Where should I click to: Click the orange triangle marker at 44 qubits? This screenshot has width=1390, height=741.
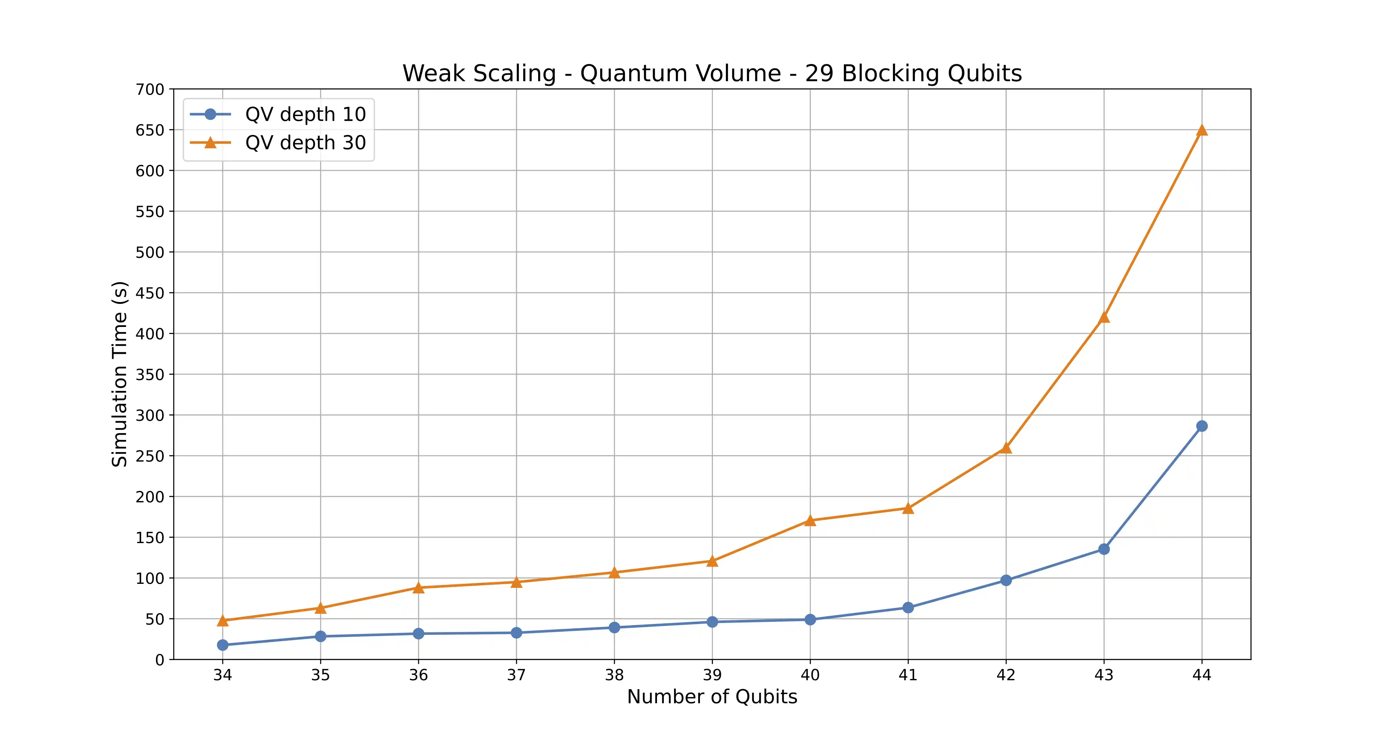tap(1202, 130)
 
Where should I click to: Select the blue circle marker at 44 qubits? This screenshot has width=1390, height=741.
tap(1202, 426)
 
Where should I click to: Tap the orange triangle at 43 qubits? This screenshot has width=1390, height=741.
tap(1104, 317)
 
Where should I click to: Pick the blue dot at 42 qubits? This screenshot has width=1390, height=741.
tap(1006, 580)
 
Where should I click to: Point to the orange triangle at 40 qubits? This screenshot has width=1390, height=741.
tap(810, 521)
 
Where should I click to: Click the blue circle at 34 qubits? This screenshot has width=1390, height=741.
tap(222, 645)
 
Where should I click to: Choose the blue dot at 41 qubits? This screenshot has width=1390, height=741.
tap(908, 608)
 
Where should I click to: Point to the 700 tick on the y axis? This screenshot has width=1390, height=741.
tap(150, 90)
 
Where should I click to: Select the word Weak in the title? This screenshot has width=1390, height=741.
tap(430, 73)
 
